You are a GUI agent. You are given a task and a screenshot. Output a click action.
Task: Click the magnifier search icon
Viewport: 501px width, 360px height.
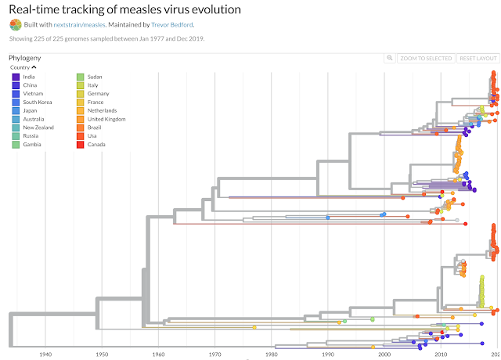389,59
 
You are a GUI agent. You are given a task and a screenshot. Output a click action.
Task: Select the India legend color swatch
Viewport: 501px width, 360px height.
16,77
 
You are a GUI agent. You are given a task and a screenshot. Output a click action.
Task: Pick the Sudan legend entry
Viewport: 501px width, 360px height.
92,77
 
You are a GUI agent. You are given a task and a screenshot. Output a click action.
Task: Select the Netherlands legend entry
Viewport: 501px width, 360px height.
102,110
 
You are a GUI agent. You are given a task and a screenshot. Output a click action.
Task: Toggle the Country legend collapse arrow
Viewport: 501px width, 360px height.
34,67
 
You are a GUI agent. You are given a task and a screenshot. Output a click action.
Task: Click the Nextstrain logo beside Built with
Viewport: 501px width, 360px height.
15,24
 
